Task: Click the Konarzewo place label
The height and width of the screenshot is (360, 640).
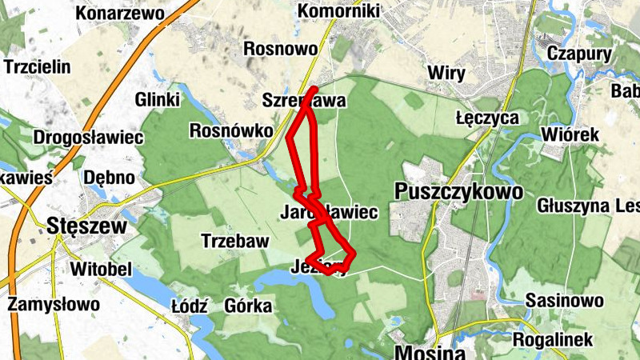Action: click(120, 14)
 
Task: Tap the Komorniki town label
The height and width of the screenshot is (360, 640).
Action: click(338, 11)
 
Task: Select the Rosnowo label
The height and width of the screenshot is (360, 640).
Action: click(280, 49)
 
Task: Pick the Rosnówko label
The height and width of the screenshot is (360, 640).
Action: click(227, 130)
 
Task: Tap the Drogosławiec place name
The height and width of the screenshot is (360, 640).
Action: click(88, 137)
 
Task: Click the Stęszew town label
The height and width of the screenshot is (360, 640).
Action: click(87, 226)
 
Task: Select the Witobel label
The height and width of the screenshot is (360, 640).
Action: click(100, 268)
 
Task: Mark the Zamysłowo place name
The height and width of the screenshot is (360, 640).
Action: click(54, 305)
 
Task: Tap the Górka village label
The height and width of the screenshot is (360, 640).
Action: click(249, 306)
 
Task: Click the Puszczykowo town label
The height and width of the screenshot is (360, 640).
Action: click(458, 192)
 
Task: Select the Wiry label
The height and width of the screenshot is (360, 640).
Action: click(446, 74)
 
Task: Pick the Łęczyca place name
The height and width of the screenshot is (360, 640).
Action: click(486, 118)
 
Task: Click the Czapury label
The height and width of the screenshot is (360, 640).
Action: click(580, 54)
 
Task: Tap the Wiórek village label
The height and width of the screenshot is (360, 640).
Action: click(570, 134)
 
